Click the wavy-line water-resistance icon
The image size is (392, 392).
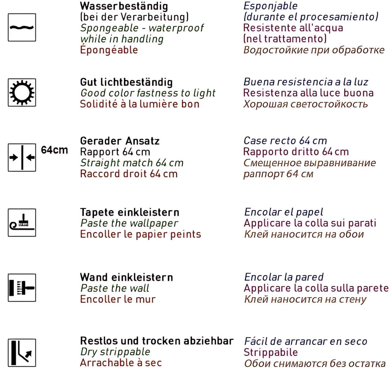(x=22, y=27)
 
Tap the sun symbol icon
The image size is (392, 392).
(x=22, y=93)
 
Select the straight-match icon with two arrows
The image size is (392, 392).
(x=22, y=157)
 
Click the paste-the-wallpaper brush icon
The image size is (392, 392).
(x=22, y=223)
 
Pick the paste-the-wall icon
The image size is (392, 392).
(x=22, y=288)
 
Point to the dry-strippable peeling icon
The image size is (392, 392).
(x=22, y=353)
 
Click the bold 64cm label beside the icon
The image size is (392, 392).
(x=54, y=150)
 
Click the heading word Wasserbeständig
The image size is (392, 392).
(x=124, y=6)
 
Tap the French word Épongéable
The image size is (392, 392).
(x=109, y=50)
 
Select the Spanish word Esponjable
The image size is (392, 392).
(x=270, y=6)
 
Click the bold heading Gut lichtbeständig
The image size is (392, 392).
(x=126, y=82)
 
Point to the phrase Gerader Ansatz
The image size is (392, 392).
(x=120, y=141)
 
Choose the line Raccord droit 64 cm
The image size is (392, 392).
(x=129, y=174)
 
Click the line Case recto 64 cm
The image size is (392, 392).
(x=285, y=141)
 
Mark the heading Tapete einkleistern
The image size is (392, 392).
(x=130, y=212)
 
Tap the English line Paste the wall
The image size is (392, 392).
(x=115, y=288)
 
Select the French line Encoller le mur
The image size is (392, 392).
(x=118, y=299)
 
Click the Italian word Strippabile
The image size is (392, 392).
(x=271, y=352)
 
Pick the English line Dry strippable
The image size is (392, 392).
(x=115, y=352)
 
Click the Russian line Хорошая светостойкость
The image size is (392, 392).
(x=305, y=104)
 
